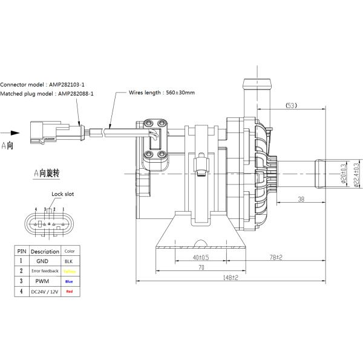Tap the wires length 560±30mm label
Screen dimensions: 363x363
162,93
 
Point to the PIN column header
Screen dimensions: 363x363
22,251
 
